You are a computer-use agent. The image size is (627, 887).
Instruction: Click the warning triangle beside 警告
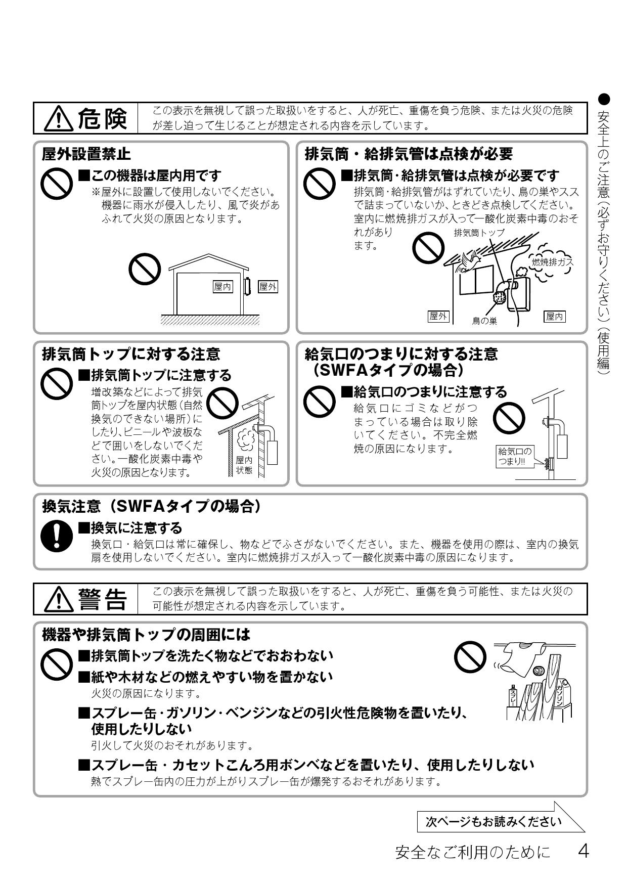59,600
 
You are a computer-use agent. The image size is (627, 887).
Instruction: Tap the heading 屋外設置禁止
86,153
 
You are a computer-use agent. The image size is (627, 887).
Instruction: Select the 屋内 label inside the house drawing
223,287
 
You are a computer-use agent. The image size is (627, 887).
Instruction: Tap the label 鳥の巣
484,321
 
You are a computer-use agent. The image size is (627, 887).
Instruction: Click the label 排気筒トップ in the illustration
479,233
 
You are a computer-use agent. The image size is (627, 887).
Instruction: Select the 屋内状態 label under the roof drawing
244,465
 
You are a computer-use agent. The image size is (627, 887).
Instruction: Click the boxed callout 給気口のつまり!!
515,457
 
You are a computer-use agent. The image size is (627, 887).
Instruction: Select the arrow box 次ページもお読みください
493,821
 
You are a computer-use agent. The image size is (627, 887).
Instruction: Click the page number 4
583,852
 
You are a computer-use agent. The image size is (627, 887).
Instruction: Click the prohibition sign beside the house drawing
145,269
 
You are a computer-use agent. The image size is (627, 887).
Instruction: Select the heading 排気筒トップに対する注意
131,353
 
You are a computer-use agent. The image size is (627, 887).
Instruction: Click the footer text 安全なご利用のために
472,852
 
